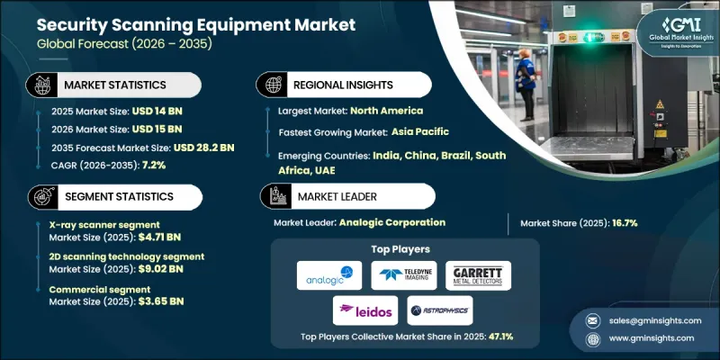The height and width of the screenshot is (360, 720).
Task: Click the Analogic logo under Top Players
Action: [328, 275]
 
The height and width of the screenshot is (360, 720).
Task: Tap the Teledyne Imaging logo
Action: [404, 275]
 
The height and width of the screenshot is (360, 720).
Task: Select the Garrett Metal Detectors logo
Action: [478, 275]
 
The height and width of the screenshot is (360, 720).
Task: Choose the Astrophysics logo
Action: [439, 310]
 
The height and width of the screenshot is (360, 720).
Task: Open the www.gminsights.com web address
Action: [652, 338]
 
